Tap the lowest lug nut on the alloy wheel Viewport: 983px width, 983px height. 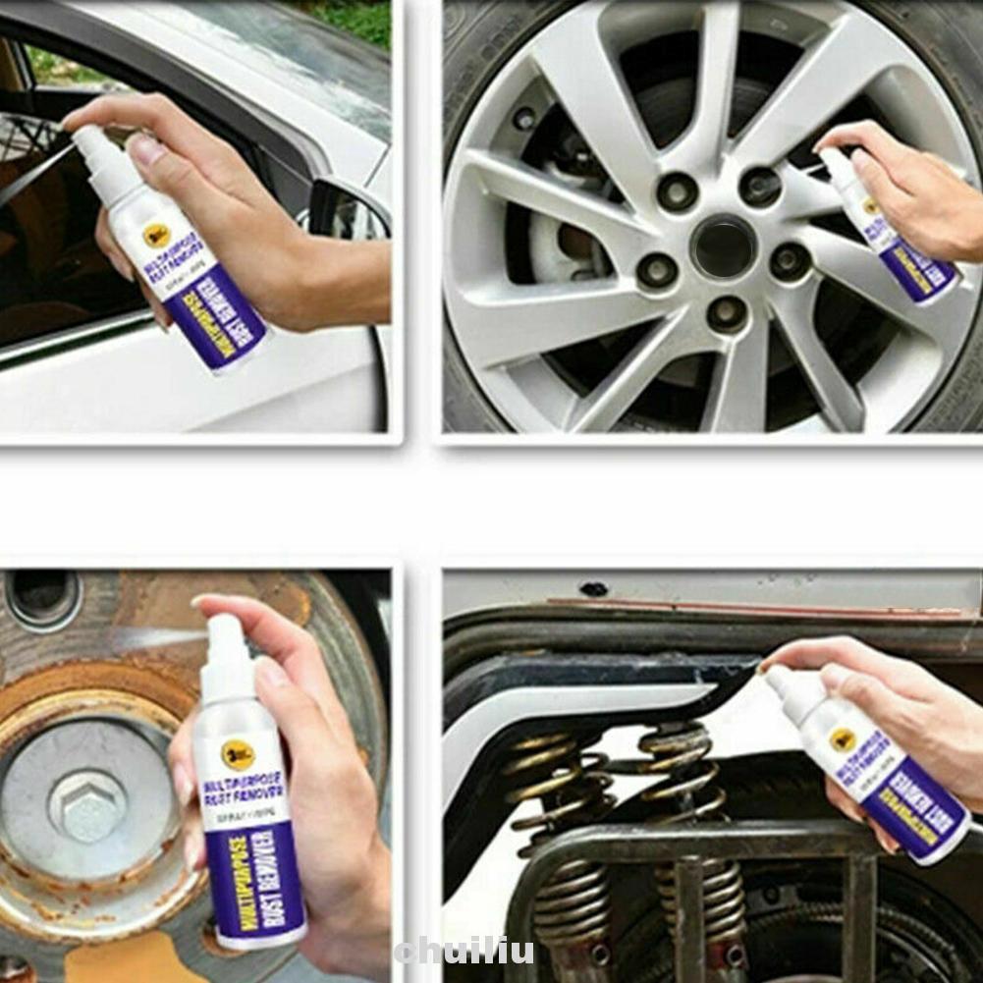click(x=727, y=314)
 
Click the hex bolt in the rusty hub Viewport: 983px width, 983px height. click(x=86, y=805)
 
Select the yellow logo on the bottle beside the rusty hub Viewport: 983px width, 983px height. click(x=238, y=754)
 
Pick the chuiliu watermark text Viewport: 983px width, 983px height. click(x=464, y=951)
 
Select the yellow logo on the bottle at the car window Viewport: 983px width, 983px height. click(x=156, y=235)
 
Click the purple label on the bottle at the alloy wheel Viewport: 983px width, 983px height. click(x=919, y=270)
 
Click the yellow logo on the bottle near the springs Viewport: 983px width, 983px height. click(x=842, y=739)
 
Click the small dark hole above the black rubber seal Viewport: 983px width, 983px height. click(x=593, y=590)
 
